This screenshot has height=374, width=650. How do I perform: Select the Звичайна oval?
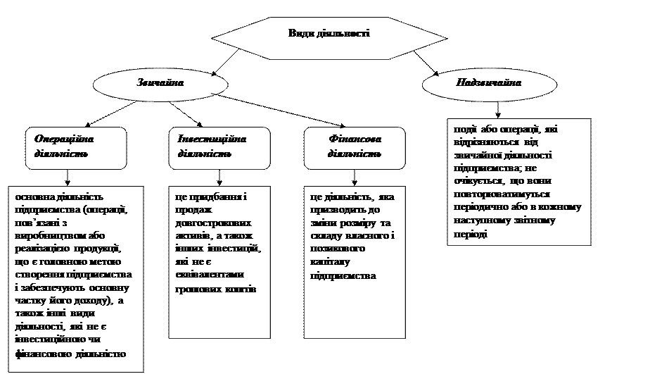click(x=160, y=83)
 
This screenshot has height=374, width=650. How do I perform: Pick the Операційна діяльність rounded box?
click(x=76, y=147)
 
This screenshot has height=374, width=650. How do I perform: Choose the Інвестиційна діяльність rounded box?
click(x=219, y=147)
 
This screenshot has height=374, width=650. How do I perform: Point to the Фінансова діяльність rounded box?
click(x=355, y=147)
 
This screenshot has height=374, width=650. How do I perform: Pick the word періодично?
click(x=485, y=208)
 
